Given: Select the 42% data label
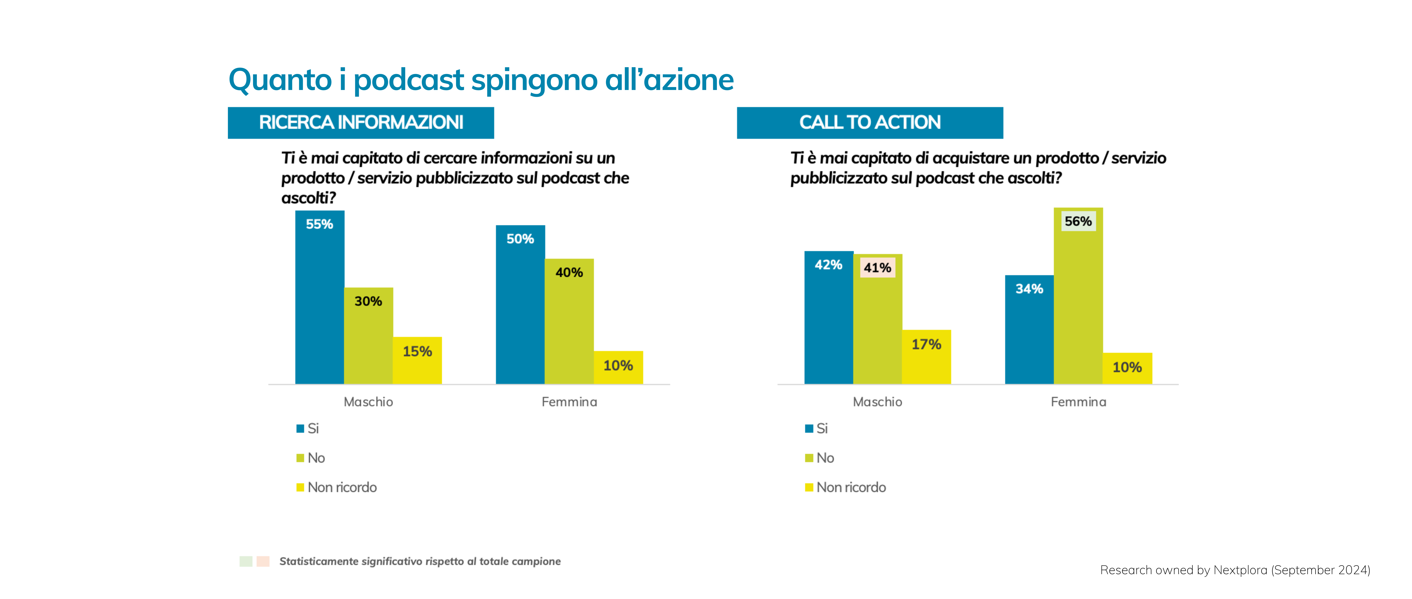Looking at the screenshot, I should click(x=828, y=265).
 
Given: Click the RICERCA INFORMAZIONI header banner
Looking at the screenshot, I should click(x=361, y=122).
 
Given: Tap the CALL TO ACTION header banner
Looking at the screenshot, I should click(x=870, y=122).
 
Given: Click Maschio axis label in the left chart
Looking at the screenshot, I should click(x=368, y=402).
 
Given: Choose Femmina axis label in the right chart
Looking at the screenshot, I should click(x=1078, y=402).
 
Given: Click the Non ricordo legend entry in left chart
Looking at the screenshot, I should click(x=342, y=487).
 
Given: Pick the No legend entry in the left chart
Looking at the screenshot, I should click(x=316, y=458).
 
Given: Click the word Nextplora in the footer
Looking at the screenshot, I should click(x=1240, y=570).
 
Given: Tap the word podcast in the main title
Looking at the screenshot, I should click(x=409, y=80).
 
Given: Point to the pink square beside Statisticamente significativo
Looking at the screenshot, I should click(x=263, y=561).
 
